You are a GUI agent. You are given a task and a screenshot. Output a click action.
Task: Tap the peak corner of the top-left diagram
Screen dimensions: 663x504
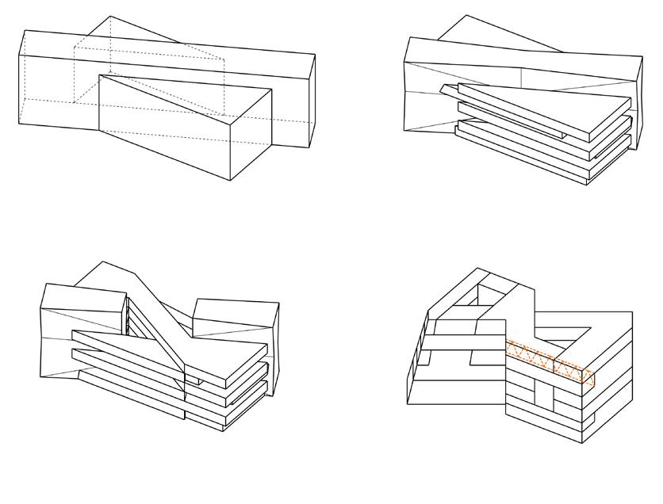click(x=110, y=16)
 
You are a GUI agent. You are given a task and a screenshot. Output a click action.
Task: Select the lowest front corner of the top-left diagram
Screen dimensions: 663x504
click(x=231, y=181)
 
